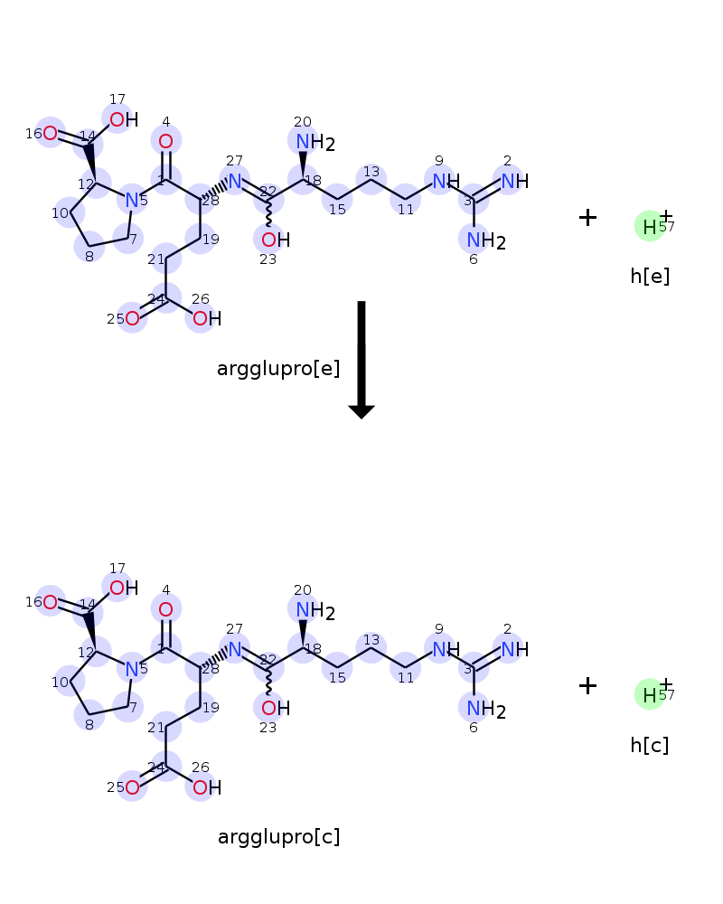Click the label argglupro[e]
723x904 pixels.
278,369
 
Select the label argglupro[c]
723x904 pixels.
278,837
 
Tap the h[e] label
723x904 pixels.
650,277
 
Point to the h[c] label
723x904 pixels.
650,746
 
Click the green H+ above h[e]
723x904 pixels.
650,226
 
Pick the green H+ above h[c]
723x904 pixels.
650,694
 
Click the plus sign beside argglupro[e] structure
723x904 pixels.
587,218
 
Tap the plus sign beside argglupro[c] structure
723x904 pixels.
587,686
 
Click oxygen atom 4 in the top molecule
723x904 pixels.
165,141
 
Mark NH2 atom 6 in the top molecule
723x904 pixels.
474,240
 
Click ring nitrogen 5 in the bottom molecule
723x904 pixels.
132,669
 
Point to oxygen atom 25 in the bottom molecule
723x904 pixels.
132,786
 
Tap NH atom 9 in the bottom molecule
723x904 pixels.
440,649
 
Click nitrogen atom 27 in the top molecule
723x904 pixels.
235,181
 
